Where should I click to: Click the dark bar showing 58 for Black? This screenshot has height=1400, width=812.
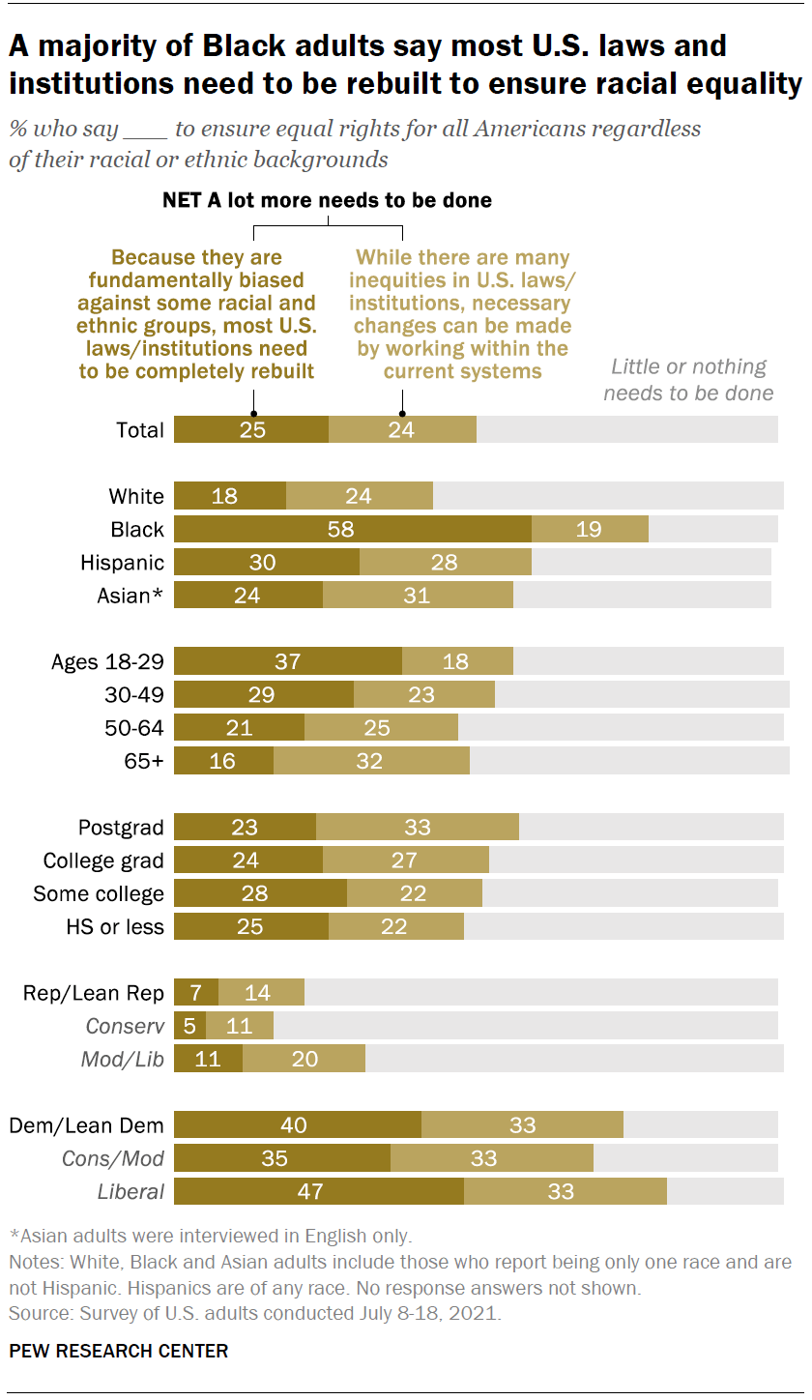coord(353,529)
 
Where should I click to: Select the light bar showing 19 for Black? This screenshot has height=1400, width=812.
coord(590,529)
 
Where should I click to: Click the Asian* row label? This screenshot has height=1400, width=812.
coord(130,596)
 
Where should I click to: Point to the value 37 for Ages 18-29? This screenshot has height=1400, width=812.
coord(288,662)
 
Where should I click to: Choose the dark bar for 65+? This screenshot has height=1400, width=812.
coord(223,761)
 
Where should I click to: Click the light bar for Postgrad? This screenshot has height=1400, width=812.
coord(418,827)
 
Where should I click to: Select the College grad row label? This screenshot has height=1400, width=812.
coord(103,860)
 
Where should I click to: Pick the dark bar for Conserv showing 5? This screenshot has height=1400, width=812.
coord(189,1026)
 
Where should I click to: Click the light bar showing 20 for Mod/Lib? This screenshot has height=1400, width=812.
coord(304,1059)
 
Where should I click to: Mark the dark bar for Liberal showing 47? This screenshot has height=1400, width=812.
coord(319,1191)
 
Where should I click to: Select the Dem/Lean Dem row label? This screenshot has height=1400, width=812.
coord(86,1125)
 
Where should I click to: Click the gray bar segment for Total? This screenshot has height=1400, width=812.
coord(626,430)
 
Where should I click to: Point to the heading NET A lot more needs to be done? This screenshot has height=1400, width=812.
coord(328,201)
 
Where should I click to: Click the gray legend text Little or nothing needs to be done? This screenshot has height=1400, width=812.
coord(688,379)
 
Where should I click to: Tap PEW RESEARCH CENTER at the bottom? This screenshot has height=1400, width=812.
coord(119,1351)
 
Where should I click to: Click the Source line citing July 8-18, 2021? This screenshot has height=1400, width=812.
coord(255,1313)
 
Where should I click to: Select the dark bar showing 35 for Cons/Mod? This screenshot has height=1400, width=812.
coord(282,1158)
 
